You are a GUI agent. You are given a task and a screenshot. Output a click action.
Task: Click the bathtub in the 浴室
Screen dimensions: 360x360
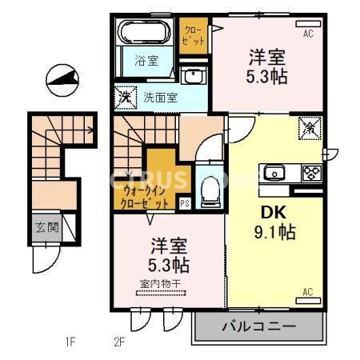tap(144, 34)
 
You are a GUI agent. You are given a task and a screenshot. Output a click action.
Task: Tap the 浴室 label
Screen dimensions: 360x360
tap(146, 60)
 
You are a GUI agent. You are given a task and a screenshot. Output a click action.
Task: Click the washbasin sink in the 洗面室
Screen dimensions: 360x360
tap(194, 77)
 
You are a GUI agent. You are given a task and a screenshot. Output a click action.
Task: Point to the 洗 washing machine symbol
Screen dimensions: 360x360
tap(126, 96)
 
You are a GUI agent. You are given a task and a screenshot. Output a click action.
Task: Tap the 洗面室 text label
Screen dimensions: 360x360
tap(161, 97)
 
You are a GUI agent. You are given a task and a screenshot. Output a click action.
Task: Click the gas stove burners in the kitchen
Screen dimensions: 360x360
tap(310, 172)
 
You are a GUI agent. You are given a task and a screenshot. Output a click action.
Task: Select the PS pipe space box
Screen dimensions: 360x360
tap(185, 203)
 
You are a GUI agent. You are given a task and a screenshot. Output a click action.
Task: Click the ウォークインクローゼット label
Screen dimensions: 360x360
tap(146, 197)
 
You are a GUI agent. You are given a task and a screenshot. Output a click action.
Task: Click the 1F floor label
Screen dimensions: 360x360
tap(70, 343)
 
